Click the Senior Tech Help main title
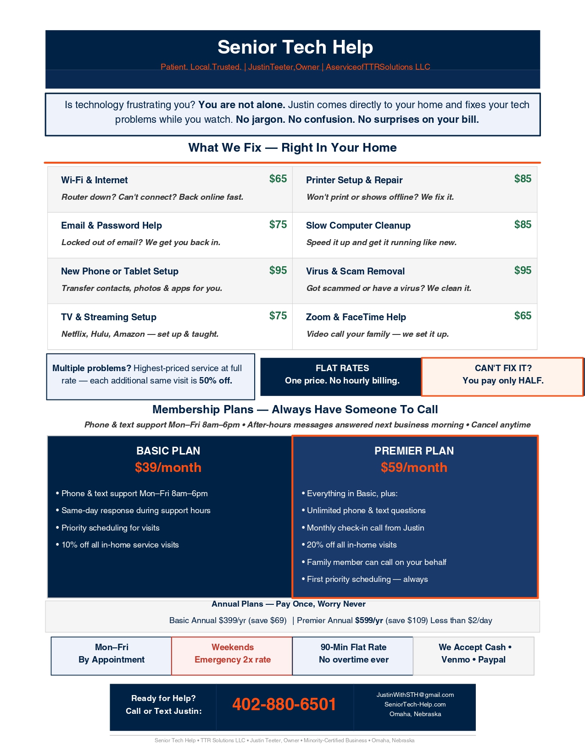(295, 47)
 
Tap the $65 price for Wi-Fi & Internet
(278, 179)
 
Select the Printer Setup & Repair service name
(354, 180)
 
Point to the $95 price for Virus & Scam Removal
(523, 270)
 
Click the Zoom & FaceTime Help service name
(356, 317)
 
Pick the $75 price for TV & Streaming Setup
(278, 316)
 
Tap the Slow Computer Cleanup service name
(358, 225)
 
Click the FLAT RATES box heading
(342, 368)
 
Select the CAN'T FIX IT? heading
(503, 368)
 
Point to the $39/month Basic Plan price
(168, 467)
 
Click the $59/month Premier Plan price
(414, 467)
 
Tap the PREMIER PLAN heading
(414, 451)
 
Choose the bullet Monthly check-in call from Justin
(365, 528)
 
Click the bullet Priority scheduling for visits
(110, 528)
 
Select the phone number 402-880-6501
(284, 704)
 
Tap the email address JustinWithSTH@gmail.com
(415, 695)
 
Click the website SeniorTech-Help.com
(415, 704)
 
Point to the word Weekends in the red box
(233, 647)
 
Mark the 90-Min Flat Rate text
(353, 647)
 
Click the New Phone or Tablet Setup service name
(120, 271)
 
